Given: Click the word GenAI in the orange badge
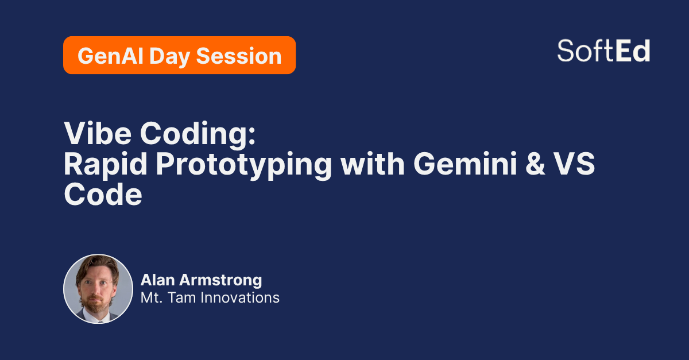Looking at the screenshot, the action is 111,56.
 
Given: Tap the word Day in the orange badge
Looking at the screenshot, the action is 170,57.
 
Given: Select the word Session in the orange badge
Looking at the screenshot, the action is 239,56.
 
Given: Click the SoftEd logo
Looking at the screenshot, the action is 603,51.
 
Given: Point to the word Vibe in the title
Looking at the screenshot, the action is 98,133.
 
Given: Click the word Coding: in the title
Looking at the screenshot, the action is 198,136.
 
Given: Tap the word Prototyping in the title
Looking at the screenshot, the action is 244,166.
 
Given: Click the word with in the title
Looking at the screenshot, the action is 373,164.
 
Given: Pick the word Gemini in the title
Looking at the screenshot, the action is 465,164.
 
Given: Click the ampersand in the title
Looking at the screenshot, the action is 535,164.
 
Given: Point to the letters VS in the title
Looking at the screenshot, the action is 575,164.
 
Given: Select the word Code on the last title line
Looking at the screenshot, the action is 103,194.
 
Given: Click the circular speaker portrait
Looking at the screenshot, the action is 98,289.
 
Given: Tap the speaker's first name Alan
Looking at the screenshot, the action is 158,280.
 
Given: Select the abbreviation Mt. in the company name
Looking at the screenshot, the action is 152,298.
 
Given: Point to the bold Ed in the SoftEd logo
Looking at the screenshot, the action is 633,51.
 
